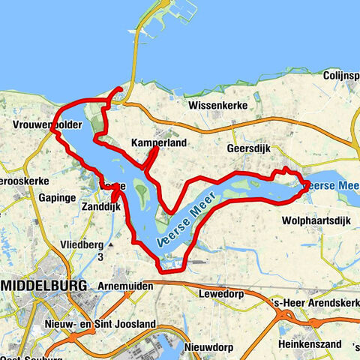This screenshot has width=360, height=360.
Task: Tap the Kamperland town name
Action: coord(158,142)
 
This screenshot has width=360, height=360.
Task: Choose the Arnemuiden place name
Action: coord(124,286)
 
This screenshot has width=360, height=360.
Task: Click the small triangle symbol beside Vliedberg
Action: coord(110,244)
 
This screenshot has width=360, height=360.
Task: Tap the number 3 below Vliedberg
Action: coord(100,257)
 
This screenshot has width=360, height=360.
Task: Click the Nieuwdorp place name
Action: coord(211,348)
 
